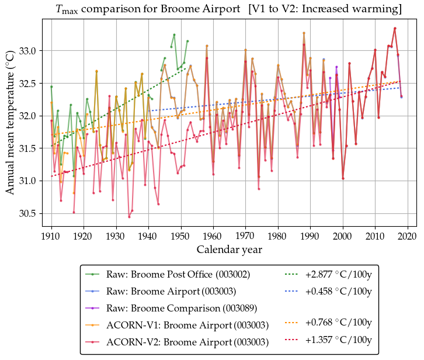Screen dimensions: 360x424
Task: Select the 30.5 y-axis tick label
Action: point(27,213)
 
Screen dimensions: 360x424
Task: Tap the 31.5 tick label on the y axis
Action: point(27,148)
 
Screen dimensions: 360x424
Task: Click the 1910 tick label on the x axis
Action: point(51,236)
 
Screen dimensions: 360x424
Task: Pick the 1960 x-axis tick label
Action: point(213,236)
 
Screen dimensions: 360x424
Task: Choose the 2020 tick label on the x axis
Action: point(407,236)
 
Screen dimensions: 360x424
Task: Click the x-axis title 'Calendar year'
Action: point(229,250)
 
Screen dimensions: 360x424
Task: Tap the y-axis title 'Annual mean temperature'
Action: point(10,123)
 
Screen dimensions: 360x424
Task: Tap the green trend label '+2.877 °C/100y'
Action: point(339,274)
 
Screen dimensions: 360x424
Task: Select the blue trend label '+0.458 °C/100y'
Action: point(339,290)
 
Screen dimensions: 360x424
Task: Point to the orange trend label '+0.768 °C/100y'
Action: point(339,324)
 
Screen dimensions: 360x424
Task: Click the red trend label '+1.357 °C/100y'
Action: point(339,341)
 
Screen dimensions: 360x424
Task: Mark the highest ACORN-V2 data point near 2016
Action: point(395,28)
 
